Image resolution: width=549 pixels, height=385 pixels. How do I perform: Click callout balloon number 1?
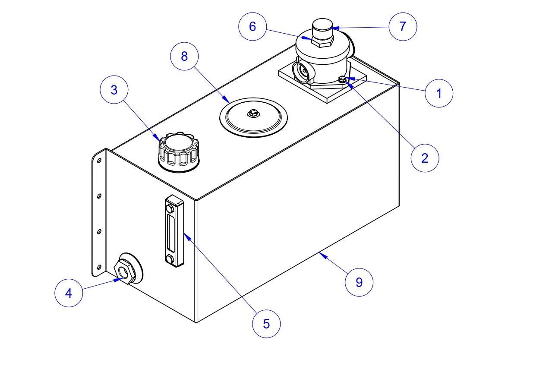pos(439,93)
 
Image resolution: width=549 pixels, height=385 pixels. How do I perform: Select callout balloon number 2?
pos(425,158)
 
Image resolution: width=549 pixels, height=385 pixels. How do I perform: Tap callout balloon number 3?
pos(114,90)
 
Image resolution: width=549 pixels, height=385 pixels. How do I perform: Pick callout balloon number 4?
pos(69,293)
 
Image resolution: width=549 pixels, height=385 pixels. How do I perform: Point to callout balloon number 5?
pos(266,323)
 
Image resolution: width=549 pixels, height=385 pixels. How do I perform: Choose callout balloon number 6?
pos(252,26)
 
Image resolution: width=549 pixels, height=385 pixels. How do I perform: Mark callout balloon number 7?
pos(403,26)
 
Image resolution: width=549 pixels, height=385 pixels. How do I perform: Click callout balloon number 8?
pos(184,56)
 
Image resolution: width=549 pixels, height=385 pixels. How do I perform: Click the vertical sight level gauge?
pos(174,230)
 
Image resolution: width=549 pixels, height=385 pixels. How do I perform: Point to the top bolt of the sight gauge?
pos(170,209)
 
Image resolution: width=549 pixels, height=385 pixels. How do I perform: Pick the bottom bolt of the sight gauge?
pos(170,259)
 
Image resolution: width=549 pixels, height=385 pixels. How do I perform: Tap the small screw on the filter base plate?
pos(342,79)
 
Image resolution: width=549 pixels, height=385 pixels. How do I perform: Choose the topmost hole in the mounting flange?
pos(99,161)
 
